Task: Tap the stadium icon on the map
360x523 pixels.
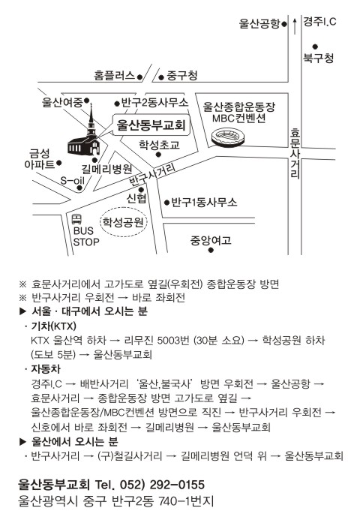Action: pyautogui.click(x=228, y=137)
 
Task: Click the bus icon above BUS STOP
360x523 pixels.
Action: pyautogui.click(x=76, y=219)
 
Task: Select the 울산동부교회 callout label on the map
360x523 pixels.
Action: pyautogui.click(x=151, y=125)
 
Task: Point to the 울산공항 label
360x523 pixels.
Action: pyautogui.click(x=259, y=23)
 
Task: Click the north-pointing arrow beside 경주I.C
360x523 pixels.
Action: pyautogui.click(x=295, y=26)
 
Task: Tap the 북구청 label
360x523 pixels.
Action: pyautogui.click(x=318, y=58)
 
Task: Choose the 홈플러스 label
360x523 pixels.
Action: pyautogui.click(x=114, y=76)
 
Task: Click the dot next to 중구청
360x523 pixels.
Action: pyautogui.click(x=161, y=78)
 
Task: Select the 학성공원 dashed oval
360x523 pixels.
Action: pyautogui.click(x=123, y=222)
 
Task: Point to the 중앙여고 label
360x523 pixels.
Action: pyautogui.click(x=211, y=240)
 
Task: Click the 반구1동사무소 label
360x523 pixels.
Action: pyautogui.click(x=204, y=202)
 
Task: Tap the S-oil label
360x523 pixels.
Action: pyautogui.click(x=72, y=180)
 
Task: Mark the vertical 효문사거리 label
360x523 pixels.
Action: pyautogui.click(x=295, y=153)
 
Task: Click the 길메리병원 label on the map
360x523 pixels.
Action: pyautogui.click(x=106, y=169)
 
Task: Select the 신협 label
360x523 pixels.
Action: pyautogui.click(x=136, y=198)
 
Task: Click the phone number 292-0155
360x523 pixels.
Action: pyautogui.click(x=177, y=485)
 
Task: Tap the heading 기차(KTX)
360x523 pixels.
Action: pyautogui.click(x=54, y=326)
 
